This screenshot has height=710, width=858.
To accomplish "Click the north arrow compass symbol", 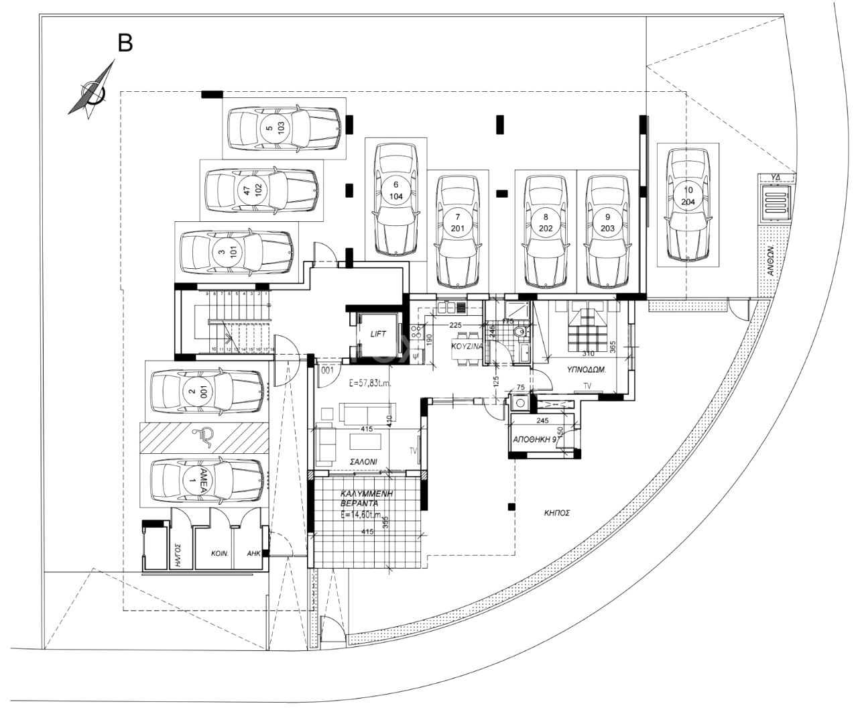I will [93, 91].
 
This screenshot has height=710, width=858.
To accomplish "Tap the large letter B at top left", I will [125, 43].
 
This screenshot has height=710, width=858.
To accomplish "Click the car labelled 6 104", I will [395, 199].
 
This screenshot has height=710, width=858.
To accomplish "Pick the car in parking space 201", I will [457, 231].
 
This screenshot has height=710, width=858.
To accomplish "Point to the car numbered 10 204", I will [687, 204].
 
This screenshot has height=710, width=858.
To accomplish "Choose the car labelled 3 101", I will [237, 253].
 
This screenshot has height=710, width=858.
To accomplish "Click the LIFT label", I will [379, 333].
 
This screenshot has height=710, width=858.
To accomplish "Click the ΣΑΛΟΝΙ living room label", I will [363, 462].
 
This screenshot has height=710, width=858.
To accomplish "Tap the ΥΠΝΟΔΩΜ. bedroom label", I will [588, 369].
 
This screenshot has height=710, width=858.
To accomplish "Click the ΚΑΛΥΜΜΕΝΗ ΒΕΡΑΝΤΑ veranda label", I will [365, 497].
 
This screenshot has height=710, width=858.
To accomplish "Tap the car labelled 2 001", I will [205, 392].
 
